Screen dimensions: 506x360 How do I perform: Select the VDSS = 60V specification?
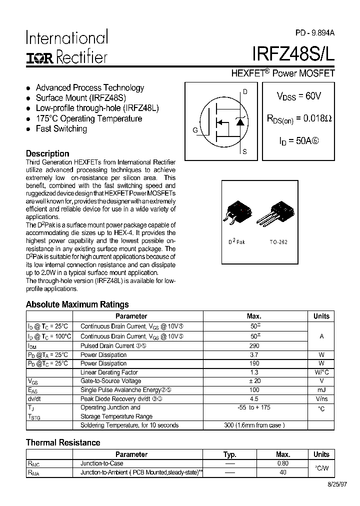pos(298,96)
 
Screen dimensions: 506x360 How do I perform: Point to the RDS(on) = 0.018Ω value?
pos(299,118)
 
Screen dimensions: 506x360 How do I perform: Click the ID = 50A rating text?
pos(298,141)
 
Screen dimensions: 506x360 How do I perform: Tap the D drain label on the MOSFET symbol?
pos(244,91)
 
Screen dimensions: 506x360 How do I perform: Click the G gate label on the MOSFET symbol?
pos(195,130)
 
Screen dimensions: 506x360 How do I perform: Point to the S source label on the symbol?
pos(244,151)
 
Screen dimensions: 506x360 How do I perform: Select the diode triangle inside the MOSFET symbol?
pos(240,121)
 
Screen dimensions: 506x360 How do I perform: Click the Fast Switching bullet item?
pos(61,129)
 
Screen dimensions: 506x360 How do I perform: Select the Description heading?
pos(47,153)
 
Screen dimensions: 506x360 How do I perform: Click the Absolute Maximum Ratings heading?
pos(77,304)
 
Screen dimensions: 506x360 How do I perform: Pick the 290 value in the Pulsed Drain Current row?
pos(253,345)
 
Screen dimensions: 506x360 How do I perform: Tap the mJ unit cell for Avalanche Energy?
pos(321,390)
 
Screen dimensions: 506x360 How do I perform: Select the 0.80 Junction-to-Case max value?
pos(283,463)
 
